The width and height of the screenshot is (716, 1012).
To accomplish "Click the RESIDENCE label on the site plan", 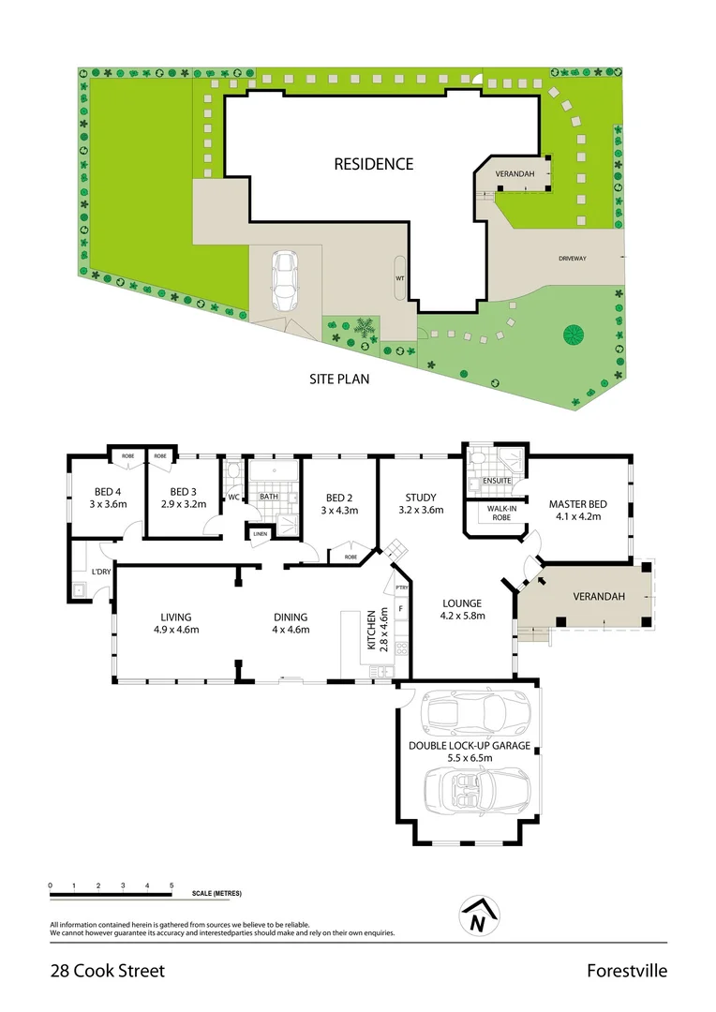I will (x=373, y=164).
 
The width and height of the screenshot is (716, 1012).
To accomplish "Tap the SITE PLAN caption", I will (x=339, y=379).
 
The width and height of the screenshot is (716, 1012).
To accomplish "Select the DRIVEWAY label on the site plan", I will (x=572, y=259).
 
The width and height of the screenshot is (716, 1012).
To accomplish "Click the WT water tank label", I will (x=400, y=277).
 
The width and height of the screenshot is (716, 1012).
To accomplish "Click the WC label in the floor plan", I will (x=233, y=497).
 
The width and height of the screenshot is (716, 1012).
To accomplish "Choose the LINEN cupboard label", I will (x=259, y=534).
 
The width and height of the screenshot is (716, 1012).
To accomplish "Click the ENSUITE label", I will (x=497, y=481).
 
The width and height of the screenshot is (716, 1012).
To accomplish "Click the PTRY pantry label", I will (x=400, y=588).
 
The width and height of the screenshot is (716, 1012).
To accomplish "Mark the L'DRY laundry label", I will (x=101, y=572).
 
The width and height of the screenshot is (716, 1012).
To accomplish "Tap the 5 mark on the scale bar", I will (x=172, y=885).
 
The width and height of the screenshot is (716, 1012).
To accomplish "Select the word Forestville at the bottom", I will (x=627, y=971).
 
